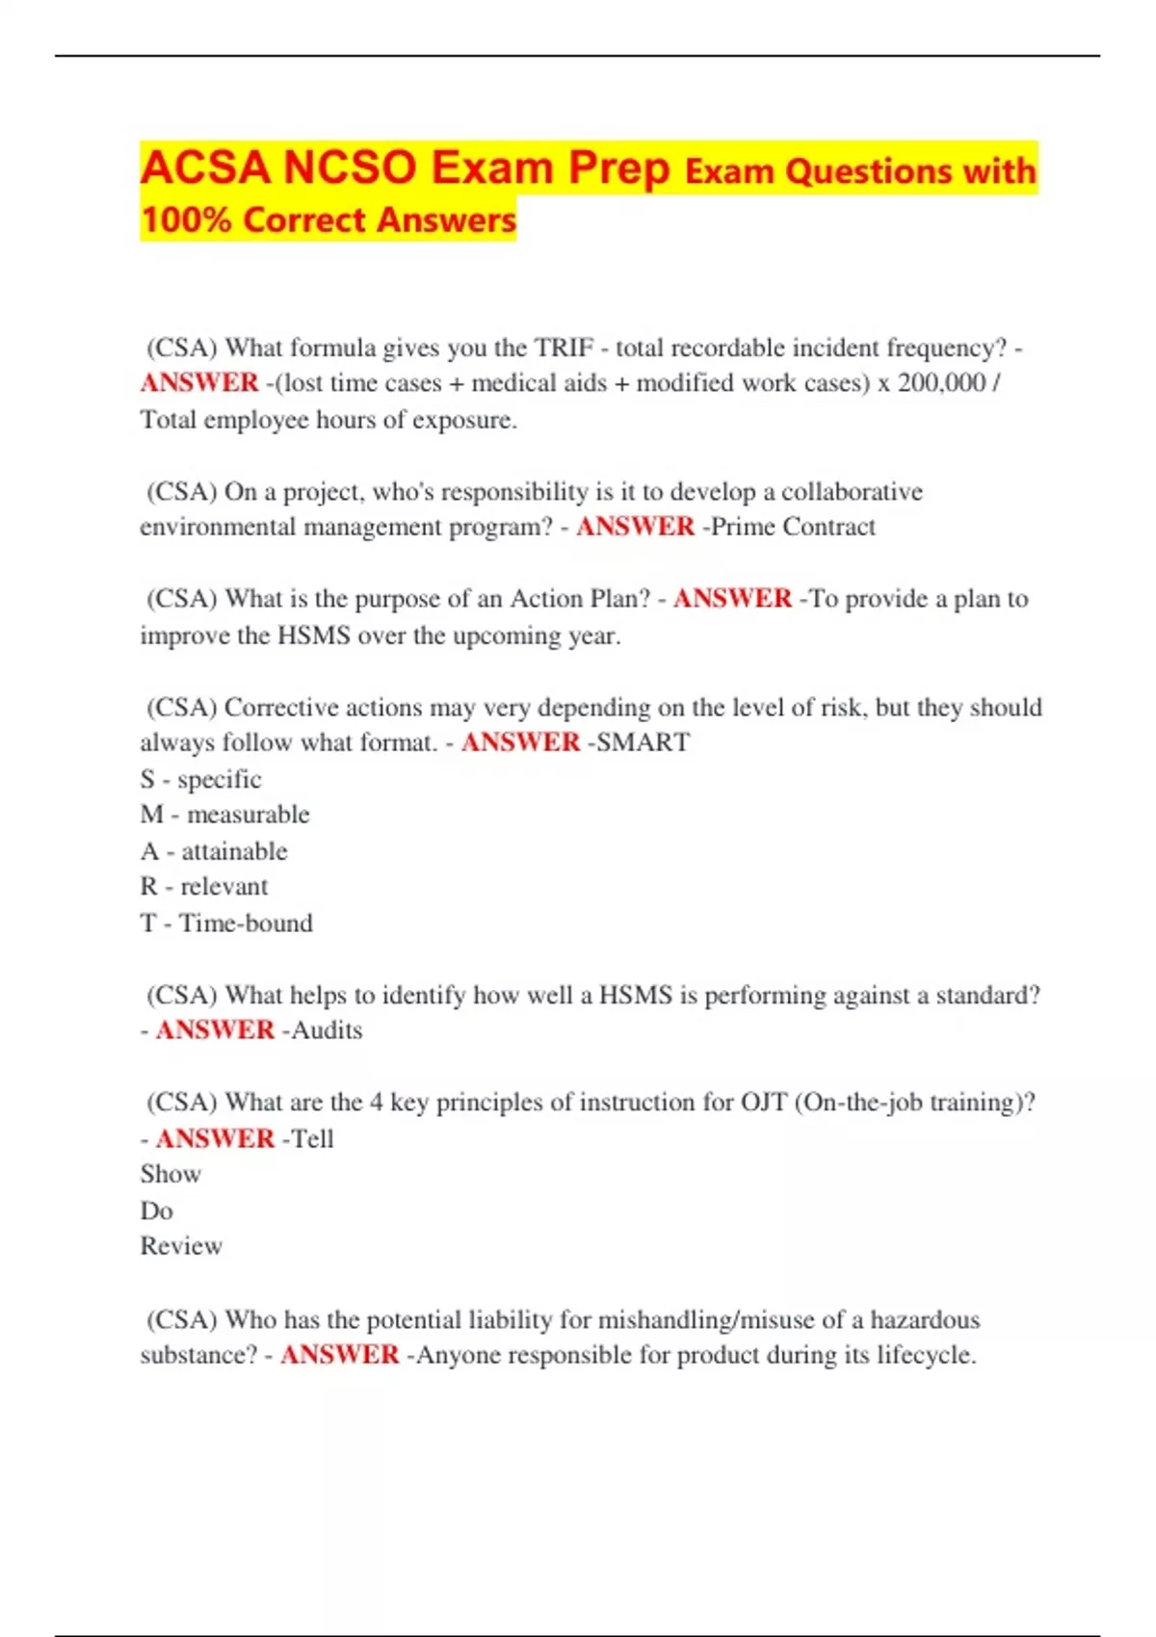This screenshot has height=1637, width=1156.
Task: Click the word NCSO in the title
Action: pos(350,168)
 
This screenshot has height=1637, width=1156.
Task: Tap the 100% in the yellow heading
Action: pos(185,221)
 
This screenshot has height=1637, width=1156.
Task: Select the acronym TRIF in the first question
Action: pos(564,348)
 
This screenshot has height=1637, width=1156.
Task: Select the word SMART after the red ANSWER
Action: pos(644,742)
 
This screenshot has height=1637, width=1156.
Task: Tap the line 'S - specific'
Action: pos(200,779)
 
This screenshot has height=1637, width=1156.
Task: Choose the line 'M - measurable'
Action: pos(224,815)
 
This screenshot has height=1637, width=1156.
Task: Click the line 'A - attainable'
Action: pos(213,851)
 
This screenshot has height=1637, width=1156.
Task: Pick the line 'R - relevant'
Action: pos(203,887)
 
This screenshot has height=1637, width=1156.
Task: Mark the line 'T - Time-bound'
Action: pos(226,922)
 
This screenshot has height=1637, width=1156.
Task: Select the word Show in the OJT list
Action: pos(171,1174)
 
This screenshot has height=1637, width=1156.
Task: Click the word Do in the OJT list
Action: pos(156,1210)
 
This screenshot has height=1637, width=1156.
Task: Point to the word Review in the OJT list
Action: pos(181,1246)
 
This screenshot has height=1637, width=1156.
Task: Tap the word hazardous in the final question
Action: pos(925,1319)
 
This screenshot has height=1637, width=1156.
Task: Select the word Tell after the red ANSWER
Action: pos(312,1138)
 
